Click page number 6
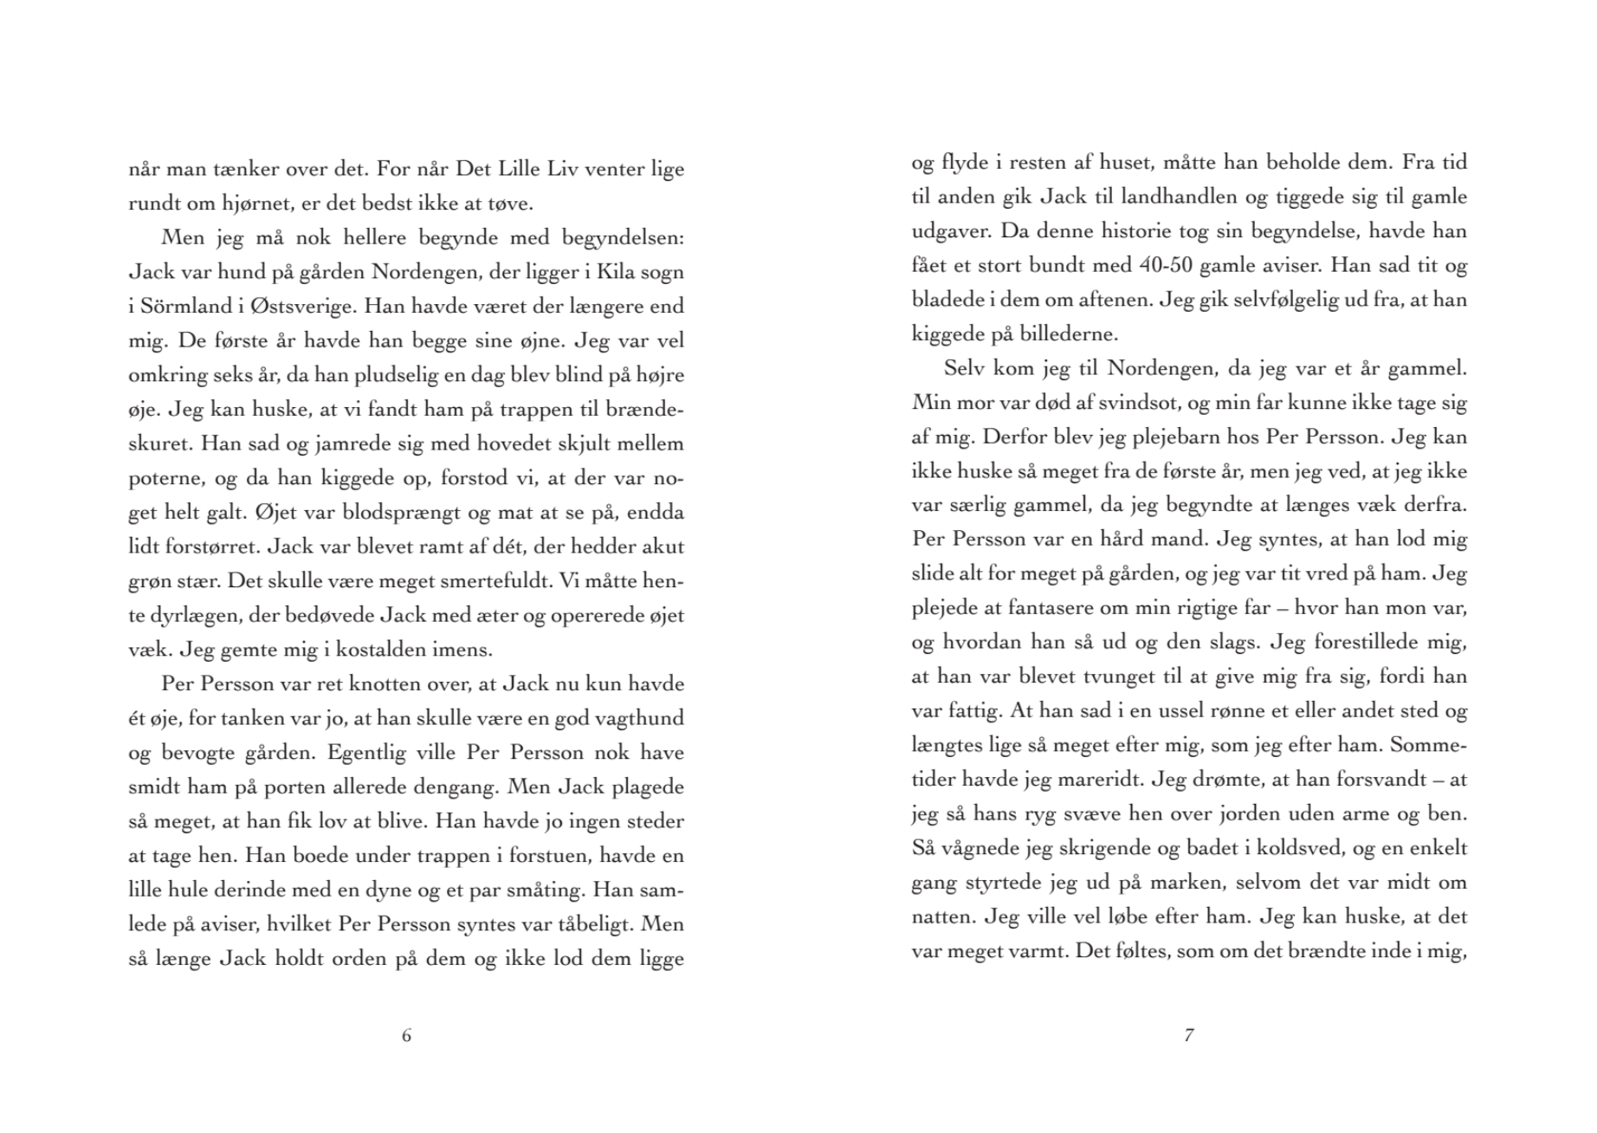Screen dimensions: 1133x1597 click(406, 1035)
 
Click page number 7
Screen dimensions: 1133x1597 click(1188, 1035)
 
